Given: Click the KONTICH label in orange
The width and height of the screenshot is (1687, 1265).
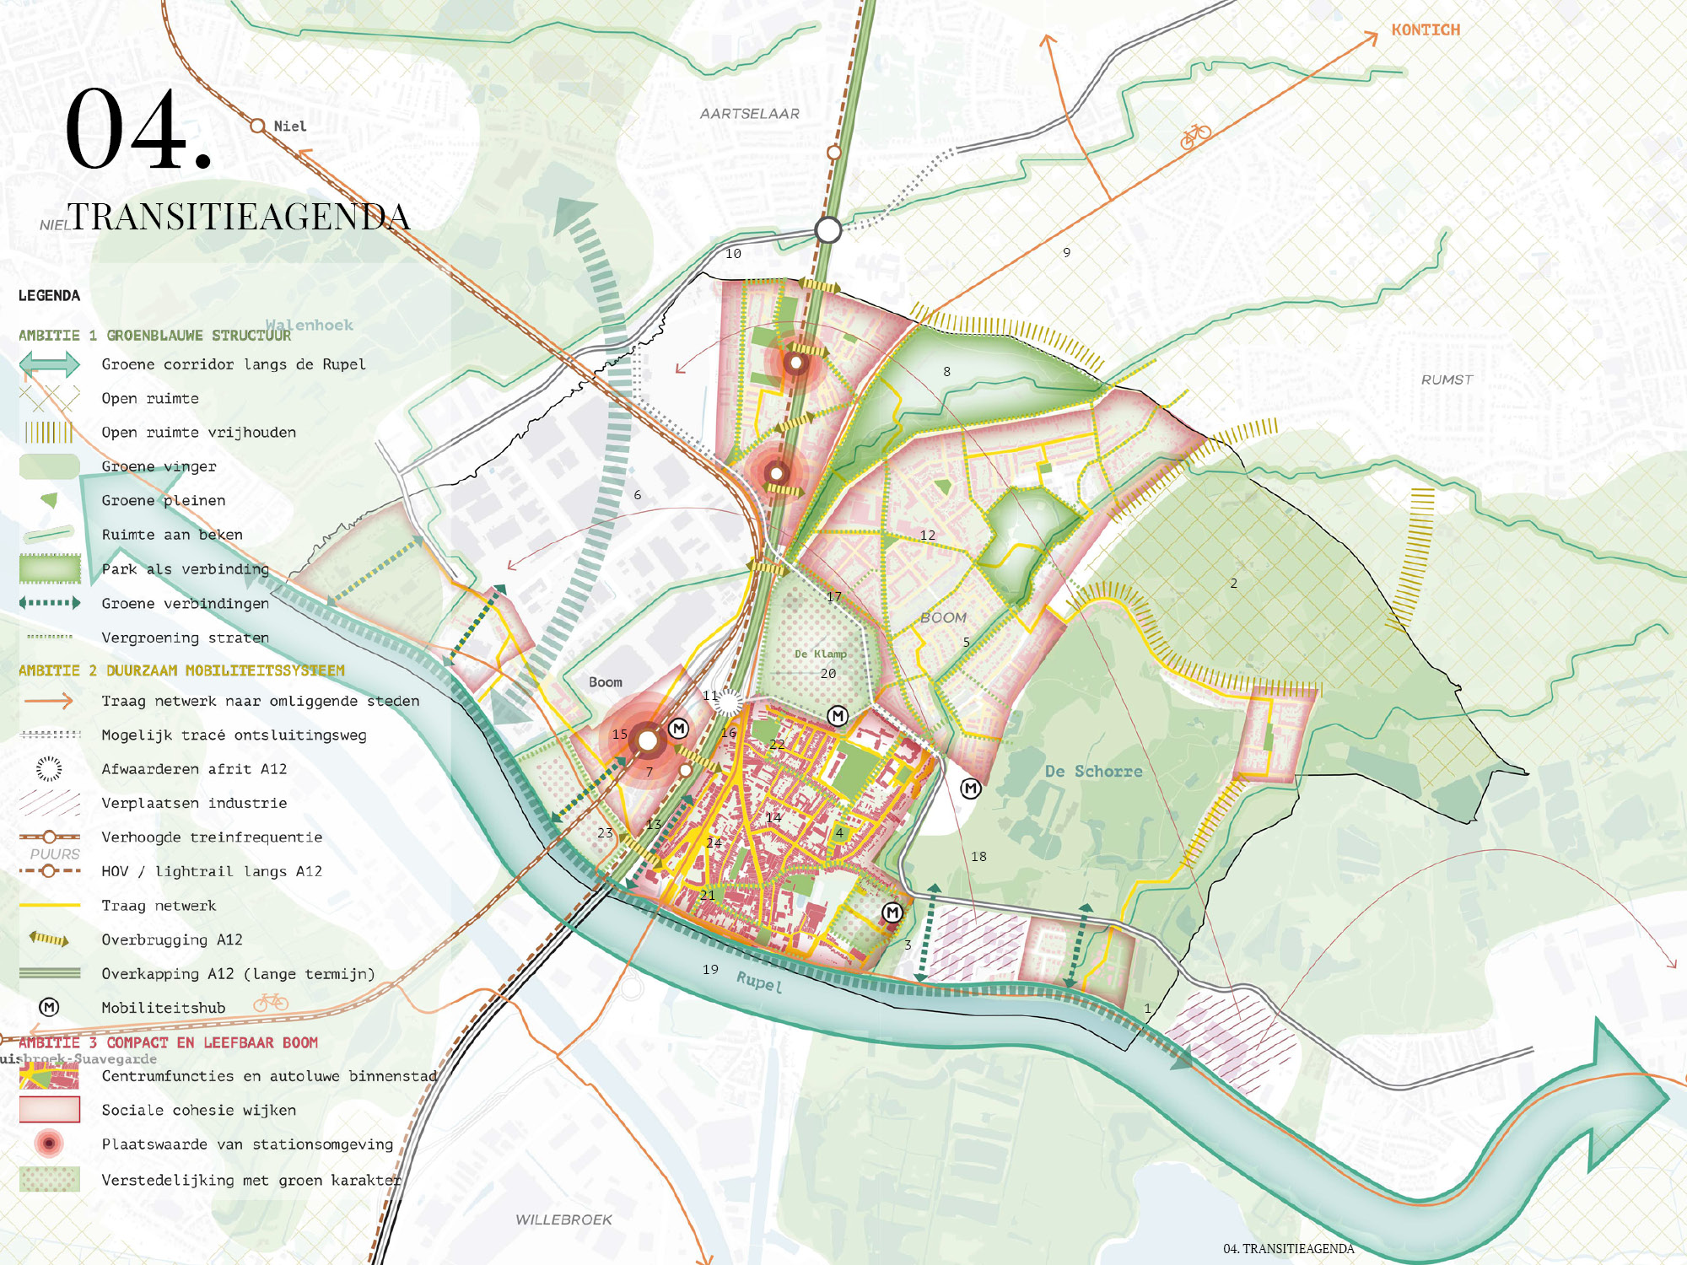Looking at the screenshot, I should (x=1425, y=30).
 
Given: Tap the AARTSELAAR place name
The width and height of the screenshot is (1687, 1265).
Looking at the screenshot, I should (x=749, y=114).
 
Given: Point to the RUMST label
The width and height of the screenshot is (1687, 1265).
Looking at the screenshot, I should (x=1447, y=379).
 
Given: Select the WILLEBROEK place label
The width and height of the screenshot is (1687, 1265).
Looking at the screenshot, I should (x=563, y=1219).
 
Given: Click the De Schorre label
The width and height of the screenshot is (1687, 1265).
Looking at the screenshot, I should (x=1093, y=771).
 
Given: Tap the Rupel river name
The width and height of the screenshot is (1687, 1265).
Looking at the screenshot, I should (x=759, y=982).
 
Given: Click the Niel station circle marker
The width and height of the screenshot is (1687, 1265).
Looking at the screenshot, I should (x=258, y=126).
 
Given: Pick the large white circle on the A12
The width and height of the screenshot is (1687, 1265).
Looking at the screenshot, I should (x=828, y=229).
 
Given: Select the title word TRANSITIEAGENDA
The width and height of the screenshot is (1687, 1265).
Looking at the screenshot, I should (x=238, y=217).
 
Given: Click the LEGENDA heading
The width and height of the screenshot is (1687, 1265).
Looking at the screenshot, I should (x=49, y=296).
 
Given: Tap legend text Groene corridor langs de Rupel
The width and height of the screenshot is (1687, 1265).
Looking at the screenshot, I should (x=234, y=364).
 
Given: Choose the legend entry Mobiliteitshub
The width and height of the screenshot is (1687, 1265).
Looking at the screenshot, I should (x=163, y=1008).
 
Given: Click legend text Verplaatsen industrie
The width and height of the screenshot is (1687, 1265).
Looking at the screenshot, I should (x=194, y=803).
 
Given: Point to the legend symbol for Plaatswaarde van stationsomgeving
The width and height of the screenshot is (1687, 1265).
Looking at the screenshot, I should (x=49, y=1144).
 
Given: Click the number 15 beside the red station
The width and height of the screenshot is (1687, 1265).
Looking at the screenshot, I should (x=620, y=734).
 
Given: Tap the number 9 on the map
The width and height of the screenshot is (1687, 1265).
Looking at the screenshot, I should (x=1066, y=252).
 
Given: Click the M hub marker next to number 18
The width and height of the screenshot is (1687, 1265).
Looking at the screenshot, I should (x=971, y=789).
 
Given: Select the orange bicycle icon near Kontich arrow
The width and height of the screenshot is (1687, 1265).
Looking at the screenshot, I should (x=1195, y=136).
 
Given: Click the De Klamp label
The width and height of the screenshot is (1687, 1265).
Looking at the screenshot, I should (x=820, y=654).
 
